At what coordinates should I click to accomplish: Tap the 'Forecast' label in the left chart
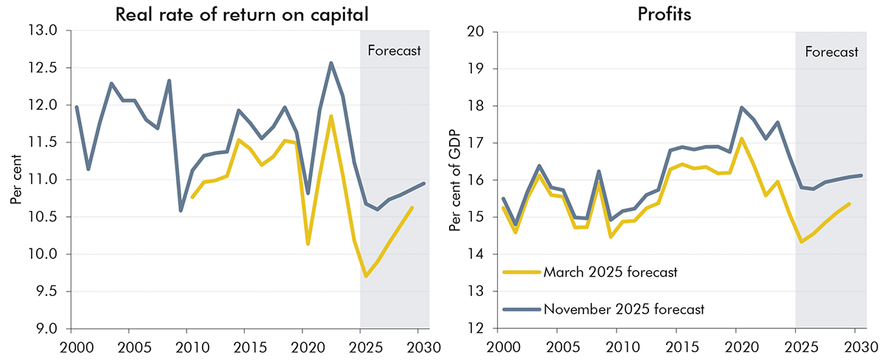[x=394, y=51]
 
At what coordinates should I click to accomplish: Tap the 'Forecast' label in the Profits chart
[x=831, y=52]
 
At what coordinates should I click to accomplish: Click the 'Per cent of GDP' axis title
[x=455, y=181]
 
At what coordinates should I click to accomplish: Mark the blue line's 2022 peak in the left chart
[x=331, y=63]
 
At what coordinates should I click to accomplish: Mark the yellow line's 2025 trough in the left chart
[x=367, y=276]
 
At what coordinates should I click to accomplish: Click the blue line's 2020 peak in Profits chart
[x=740, y=108]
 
